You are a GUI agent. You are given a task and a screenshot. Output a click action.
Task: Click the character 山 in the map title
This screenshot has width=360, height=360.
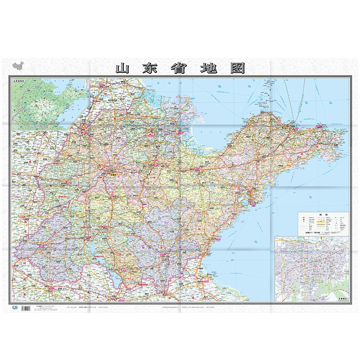point(123,69)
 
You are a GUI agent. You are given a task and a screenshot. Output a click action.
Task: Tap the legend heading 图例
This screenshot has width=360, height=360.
point(323,215)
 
